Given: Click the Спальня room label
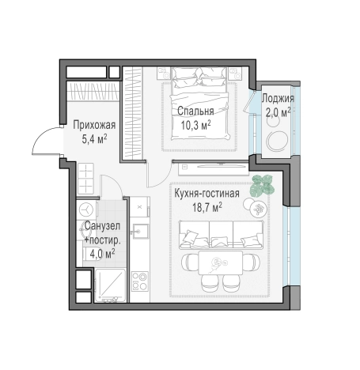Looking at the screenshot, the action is click(x=195, y=111).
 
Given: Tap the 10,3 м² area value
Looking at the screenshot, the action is click(x=195, y=125).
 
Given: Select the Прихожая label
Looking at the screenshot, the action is click(x=94, y=125).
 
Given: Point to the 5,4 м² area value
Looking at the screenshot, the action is click(x=94, y=139).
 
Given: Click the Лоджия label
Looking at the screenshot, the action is click(x=278, y=99).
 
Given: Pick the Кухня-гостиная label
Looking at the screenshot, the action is click(x=207, y=194).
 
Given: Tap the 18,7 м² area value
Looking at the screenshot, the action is click(x=207, y=207).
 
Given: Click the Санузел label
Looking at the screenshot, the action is click(x=102, y=226).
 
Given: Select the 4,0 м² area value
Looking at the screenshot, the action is click(x=102, y=254).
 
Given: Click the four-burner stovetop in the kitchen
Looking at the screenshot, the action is click(x=140, y=281).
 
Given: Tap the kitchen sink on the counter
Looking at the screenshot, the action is click(x=141, y=231).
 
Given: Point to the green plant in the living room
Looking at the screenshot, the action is click(x=262, y=187).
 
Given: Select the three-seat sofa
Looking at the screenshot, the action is click(x=221, y=235).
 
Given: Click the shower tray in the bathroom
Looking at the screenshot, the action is click(x=110, y=285).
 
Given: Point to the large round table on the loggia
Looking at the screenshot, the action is click(x=277, y=141).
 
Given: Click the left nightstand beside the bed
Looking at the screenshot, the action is click(x=164, y=73).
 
